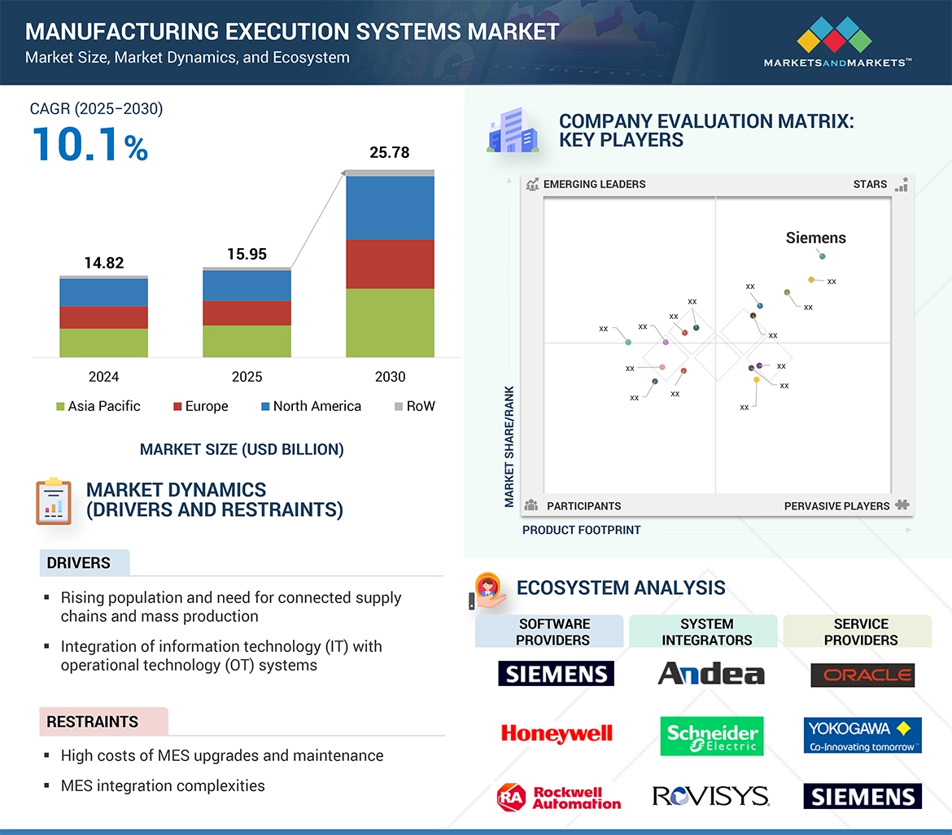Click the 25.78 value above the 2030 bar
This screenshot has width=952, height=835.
(389, 152)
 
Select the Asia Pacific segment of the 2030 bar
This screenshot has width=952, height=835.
(390, 322)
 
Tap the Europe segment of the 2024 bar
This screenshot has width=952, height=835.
(103, 317)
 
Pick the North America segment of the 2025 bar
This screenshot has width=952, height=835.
(247, 286)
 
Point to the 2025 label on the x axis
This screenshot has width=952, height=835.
(247, 377)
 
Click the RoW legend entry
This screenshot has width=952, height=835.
(414, 406)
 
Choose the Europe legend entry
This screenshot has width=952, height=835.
(200, 406)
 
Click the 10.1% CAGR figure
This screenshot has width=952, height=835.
(90, 144)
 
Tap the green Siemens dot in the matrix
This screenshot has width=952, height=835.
(822, 256)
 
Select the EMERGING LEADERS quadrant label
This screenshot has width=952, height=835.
(594, 184)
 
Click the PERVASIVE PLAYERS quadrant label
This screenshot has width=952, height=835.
(836, 506)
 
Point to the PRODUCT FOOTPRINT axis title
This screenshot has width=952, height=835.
(582, 530)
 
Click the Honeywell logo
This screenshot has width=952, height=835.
(557, 734)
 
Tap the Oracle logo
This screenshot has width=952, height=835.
(862, 675)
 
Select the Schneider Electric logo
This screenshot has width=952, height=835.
(711, 736)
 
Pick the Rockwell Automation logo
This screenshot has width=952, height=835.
(559, 797)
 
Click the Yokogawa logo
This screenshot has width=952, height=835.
(862, 735)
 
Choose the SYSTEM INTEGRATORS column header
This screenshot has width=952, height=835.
(706, 632)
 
